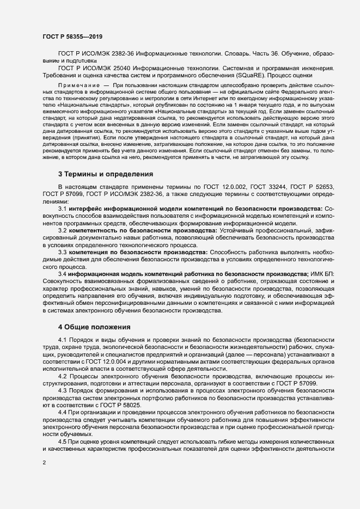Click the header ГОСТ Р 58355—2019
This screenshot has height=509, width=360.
[x=72, y=36]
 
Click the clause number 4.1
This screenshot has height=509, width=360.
[x=62, y=340]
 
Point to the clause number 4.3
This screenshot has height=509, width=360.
[x=62, y=391]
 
